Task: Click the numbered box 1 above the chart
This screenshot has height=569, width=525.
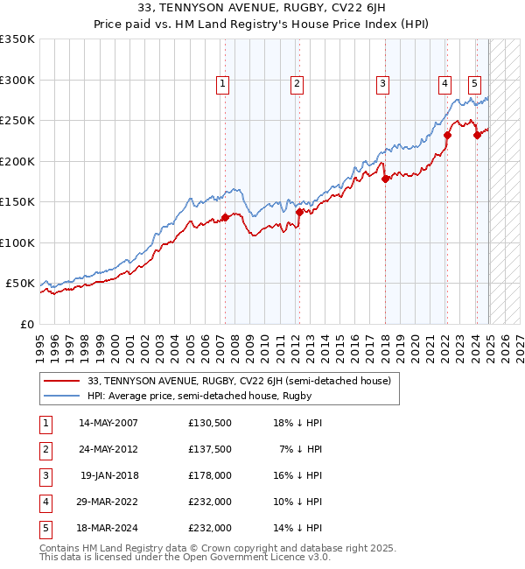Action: (x=223, y=84)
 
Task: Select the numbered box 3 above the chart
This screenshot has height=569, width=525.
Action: (x=383, y=84)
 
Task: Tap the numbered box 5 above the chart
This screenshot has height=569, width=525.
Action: (x=474, y=84)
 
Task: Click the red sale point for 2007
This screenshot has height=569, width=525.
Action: (x=225, y=217)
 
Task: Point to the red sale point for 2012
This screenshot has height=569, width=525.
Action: (x=299, y=212)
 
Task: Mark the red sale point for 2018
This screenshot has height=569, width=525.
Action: (x=384, y=179)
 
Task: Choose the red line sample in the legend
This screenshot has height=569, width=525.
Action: (x=61, y=381)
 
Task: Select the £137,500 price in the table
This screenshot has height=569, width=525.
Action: (x=209, y=449)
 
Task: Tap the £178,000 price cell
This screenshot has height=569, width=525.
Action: (x=209, y=475)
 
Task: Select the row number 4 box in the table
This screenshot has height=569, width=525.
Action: (x=45, y=502)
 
